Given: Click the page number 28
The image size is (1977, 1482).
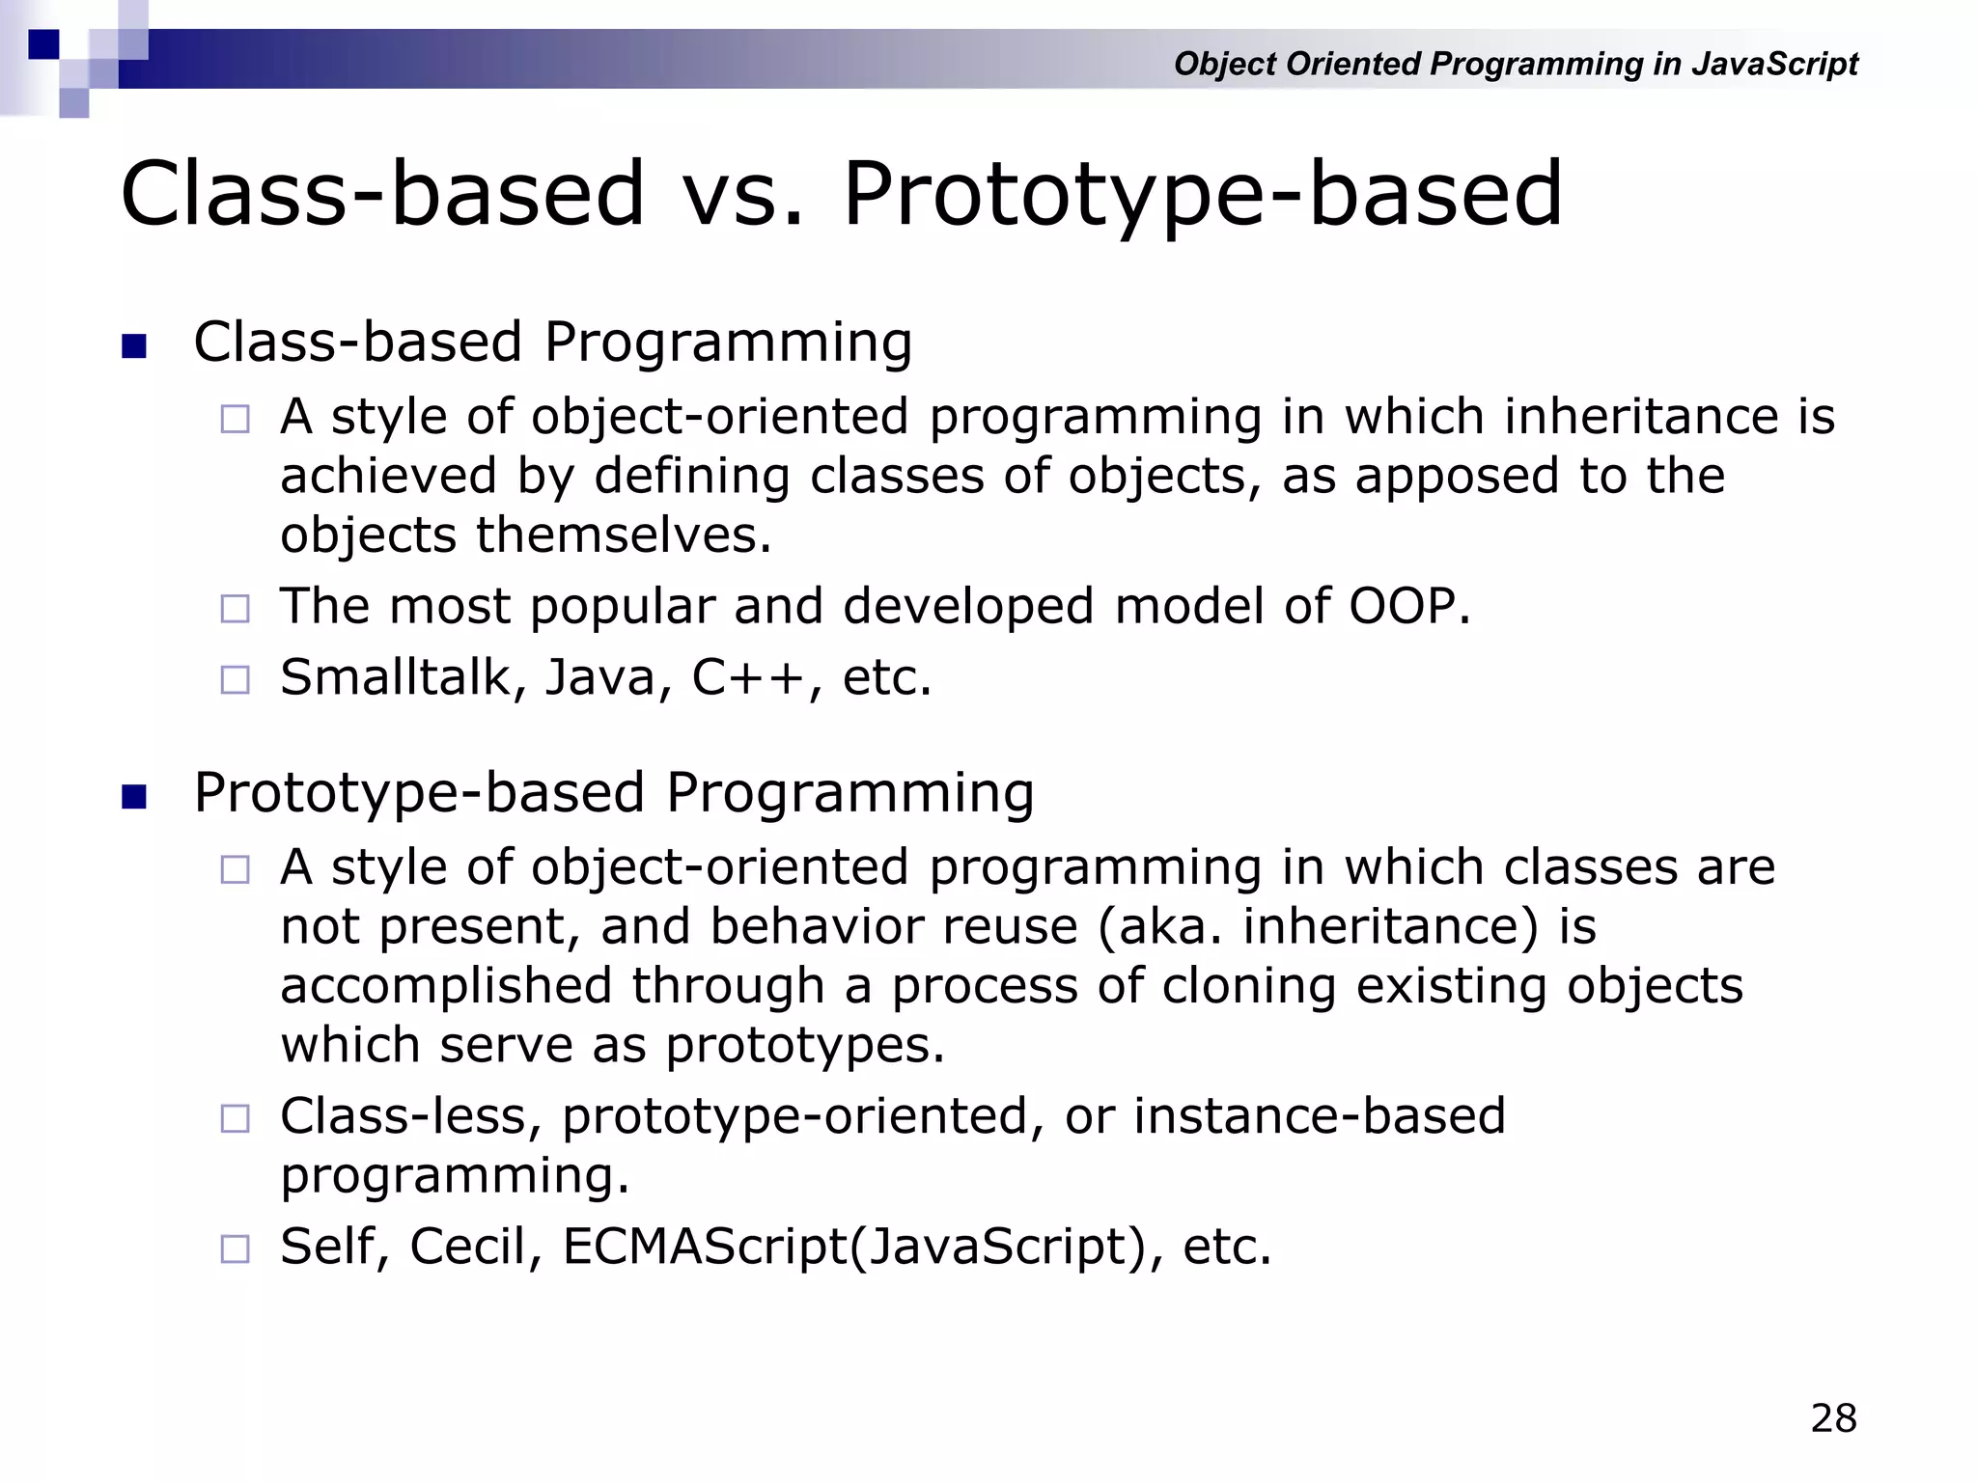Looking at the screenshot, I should [x=1833, y=1418].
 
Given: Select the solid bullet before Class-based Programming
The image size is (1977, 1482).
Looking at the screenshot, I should [x=134, y=345].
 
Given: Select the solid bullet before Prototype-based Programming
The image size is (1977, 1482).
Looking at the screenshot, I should [x=134, y=797].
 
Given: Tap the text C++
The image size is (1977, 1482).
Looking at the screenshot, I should [x=749, y=677].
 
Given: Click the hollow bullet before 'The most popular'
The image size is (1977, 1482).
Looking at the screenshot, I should [x=235, y=609].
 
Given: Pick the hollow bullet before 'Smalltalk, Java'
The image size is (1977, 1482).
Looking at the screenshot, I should [x=235, y=679].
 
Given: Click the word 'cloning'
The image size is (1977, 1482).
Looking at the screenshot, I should [x=1249, y=987].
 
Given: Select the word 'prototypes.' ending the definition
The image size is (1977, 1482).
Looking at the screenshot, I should [x=805, y=1046].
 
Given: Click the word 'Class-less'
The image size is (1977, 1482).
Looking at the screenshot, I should [x=403, y=1117].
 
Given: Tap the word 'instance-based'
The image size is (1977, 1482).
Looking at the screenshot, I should [x=1319, y=1117].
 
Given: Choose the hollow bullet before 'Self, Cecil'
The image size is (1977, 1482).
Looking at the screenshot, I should [x=235, y=1249].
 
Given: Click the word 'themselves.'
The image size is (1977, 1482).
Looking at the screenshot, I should [x=624, y=535].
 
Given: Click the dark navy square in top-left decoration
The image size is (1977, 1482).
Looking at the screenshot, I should [x=43, y=44].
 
